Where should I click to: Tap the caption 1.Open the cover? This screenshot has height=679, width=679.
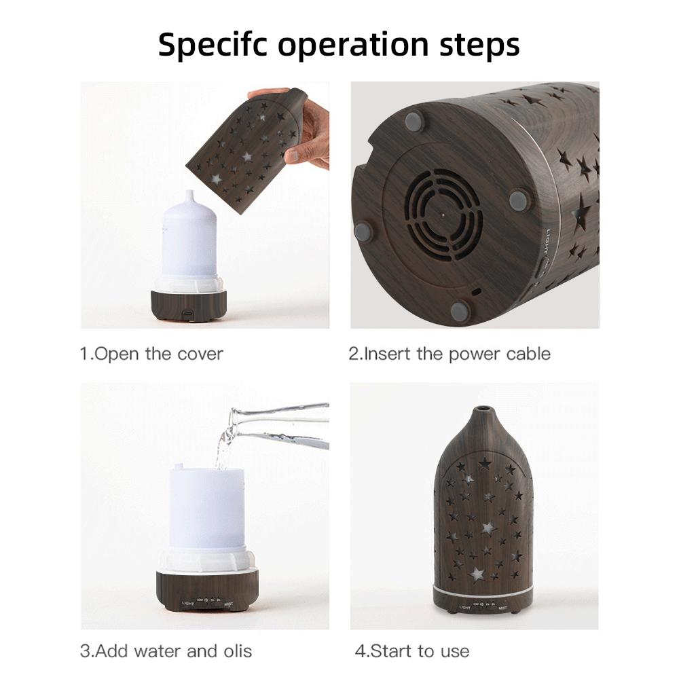151,354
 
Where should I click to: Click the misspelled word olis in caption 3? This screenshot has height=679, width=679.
236,651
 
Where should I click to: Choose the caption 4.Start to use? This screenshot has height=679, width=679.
411,651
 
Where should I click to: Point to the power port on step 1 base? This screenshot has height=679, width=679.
187,314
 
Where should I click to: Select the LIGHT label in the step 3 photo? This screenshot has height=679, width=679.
188,602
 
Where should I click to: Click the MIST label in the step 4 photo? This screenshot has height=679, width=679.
502,608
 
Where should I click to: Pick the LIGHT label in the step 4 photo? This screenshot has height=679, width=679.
465,608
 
